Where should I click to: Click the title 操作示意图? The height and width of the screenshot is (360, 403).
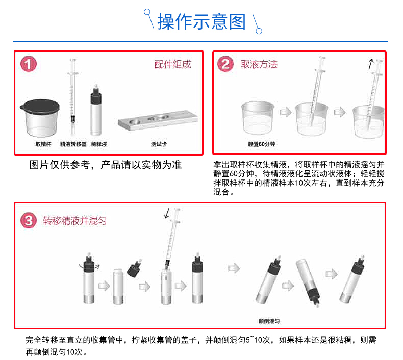[x=202, y=21]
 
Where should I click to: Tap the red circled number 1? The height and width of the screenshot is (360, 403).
[x=29, y=64]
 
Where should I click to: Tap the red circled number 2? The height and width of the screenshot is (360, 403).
[x=225, y=64]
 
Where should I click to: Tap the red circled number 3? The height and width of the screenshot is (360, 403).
[x=29, y=220]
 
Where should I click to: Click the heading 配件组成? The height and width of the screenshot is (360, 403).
[x=173, y=64]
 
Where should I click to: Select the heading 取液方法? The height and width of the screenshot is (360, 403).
[x=259, y=64]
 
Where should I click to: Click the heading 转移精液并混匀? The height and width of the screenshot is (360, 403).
[x=75, y=221]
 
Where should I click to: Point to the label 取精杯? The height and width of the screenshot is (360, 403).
[x=43, y=144]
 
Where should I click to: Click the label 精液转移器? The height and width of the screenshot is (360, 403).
[x=73, y=144]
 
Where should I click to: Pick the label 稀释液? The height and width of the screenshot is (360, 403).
[x=99, y=144]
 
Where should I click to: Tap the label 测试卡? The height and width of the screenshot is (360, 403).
[x=159, y=144]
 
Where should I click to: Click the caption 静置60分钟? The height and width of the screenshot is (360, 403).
[x=262, y=144]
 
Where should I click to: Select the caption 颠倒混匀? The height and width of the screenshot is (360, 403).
[x=269, y=321]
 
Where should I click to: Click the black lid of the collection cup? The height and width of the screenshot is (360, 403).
[x=40, y=106]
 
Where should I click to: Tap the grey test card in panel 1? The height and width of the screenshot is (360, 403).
[x=158, y=120]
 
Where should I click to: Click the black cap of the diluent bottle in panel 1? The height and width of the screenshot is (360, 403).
[x=96, y=96]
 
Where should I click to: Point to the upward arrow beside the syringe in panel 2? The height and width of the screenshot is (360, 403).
[x=371, y=64]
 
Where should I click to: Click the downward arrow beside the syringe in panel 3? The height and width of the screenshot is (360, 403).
[x=167, y=213]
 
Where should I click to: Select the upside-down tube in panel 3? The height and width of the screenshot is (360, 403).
[x=308, y=282]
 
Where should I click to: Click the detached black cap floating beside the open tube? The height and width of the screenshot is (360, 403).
[x=135, y=268]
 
